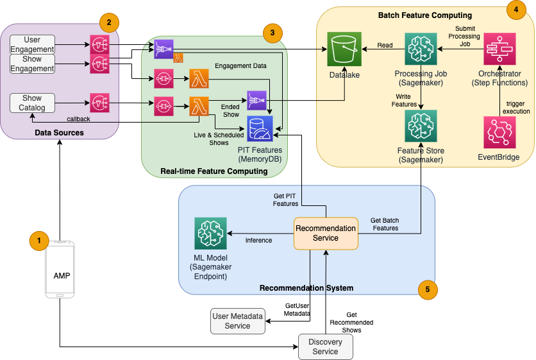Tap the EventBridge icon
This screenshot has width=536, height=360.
pos(500,132)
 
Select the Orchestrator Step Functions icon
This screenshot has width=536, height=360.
pos(500,49)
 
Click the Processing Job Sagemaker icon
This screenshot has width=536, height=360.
pos(421,49)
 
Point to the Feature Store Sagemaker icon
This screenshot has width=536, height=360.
pos(421,126)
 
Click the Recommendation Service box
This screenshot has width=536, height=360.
pos(326,234)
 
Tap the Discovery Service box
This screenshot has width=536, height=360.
pos(326,347)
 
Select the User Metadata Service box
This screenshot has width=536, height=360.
pos(238,321)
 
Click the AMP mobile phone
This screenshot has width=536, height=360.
pos(60,268)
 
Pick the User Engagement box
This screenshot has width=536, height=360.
pos(32,45)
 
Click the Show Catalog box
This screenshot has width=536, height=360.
pos(32,103)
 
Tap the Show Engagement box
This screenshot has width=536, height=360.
pos(32,64)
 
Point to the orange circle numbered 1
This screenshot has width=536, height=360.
pos(39,241)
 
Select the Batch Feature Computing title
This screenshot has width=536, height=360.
pos(425,15)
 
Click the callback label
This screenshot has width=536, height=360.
pos(79,119)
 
